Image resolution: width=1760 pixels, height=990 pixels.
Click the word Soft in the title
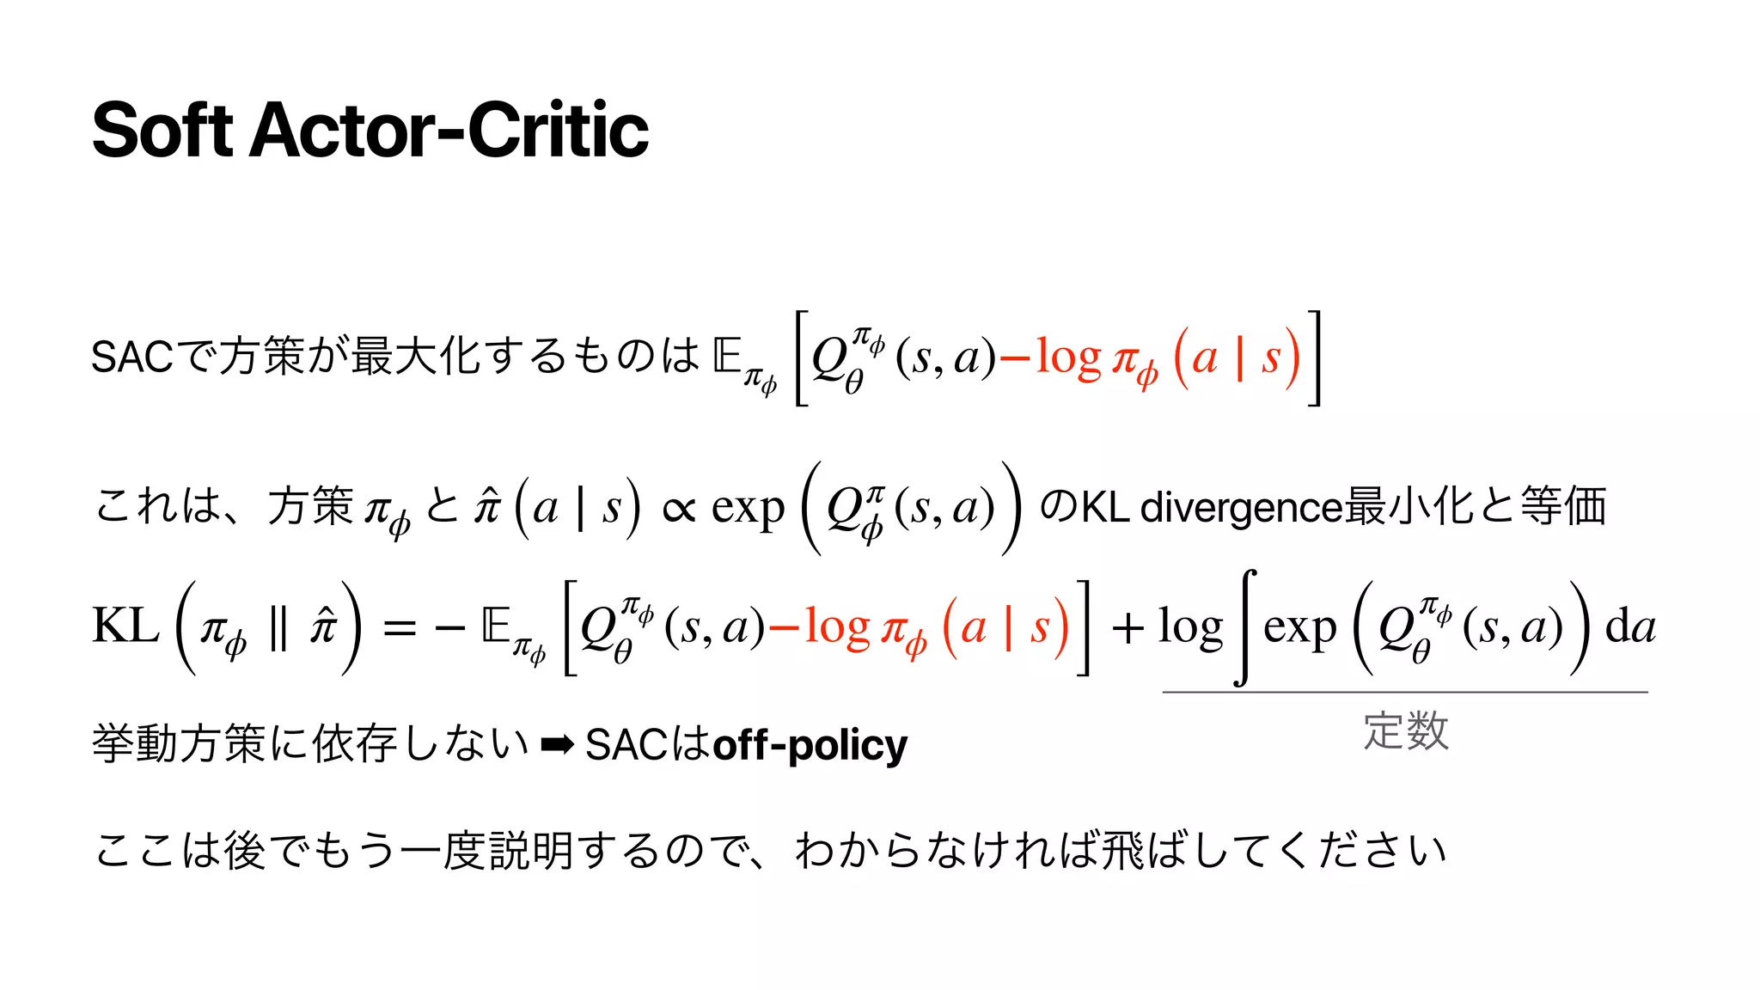tap(162, 131)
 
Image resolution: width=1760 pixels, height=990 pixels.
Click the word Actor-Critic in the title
tap(449, 131)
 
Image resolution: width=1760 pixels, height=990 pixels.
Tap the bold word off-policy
tap(810, 745)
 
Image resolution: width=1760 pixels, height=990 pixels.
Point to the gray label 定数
tap(1406, 731)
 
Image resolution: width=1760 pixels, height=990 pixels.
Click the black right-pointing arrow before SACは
tap(557, 744)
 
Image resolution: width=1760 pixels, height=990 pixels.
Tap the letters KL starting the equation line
tap(125, 626)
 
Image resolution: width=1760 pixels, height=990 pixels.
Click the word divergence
tap(1241, 507)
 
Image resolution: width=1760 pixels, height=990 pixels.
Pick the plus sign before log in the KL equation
tap(1127, 629)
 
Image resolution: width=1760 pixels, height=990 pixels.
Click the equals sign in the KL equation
tap(400, 629)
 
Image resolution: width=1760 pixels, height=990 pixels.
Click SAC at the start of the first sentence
tap(132, 357)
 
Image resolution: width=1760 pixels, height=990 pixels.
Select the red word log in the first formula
tap(1067, 357)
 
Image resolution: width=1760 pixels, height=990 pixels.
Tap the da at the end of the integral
tap(1630, 626)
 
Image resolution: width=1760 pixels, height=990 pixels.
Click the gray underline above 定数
tap(1404, 692)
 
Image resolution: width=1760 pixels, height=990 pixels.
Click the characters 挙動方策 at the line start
tap(178, 744)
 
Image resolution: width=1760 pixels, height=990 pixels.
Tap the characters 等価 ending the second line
tap(1562, 506)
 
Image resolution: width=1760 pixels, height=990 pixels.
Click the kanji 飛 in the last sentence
tap(1121, 851)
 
